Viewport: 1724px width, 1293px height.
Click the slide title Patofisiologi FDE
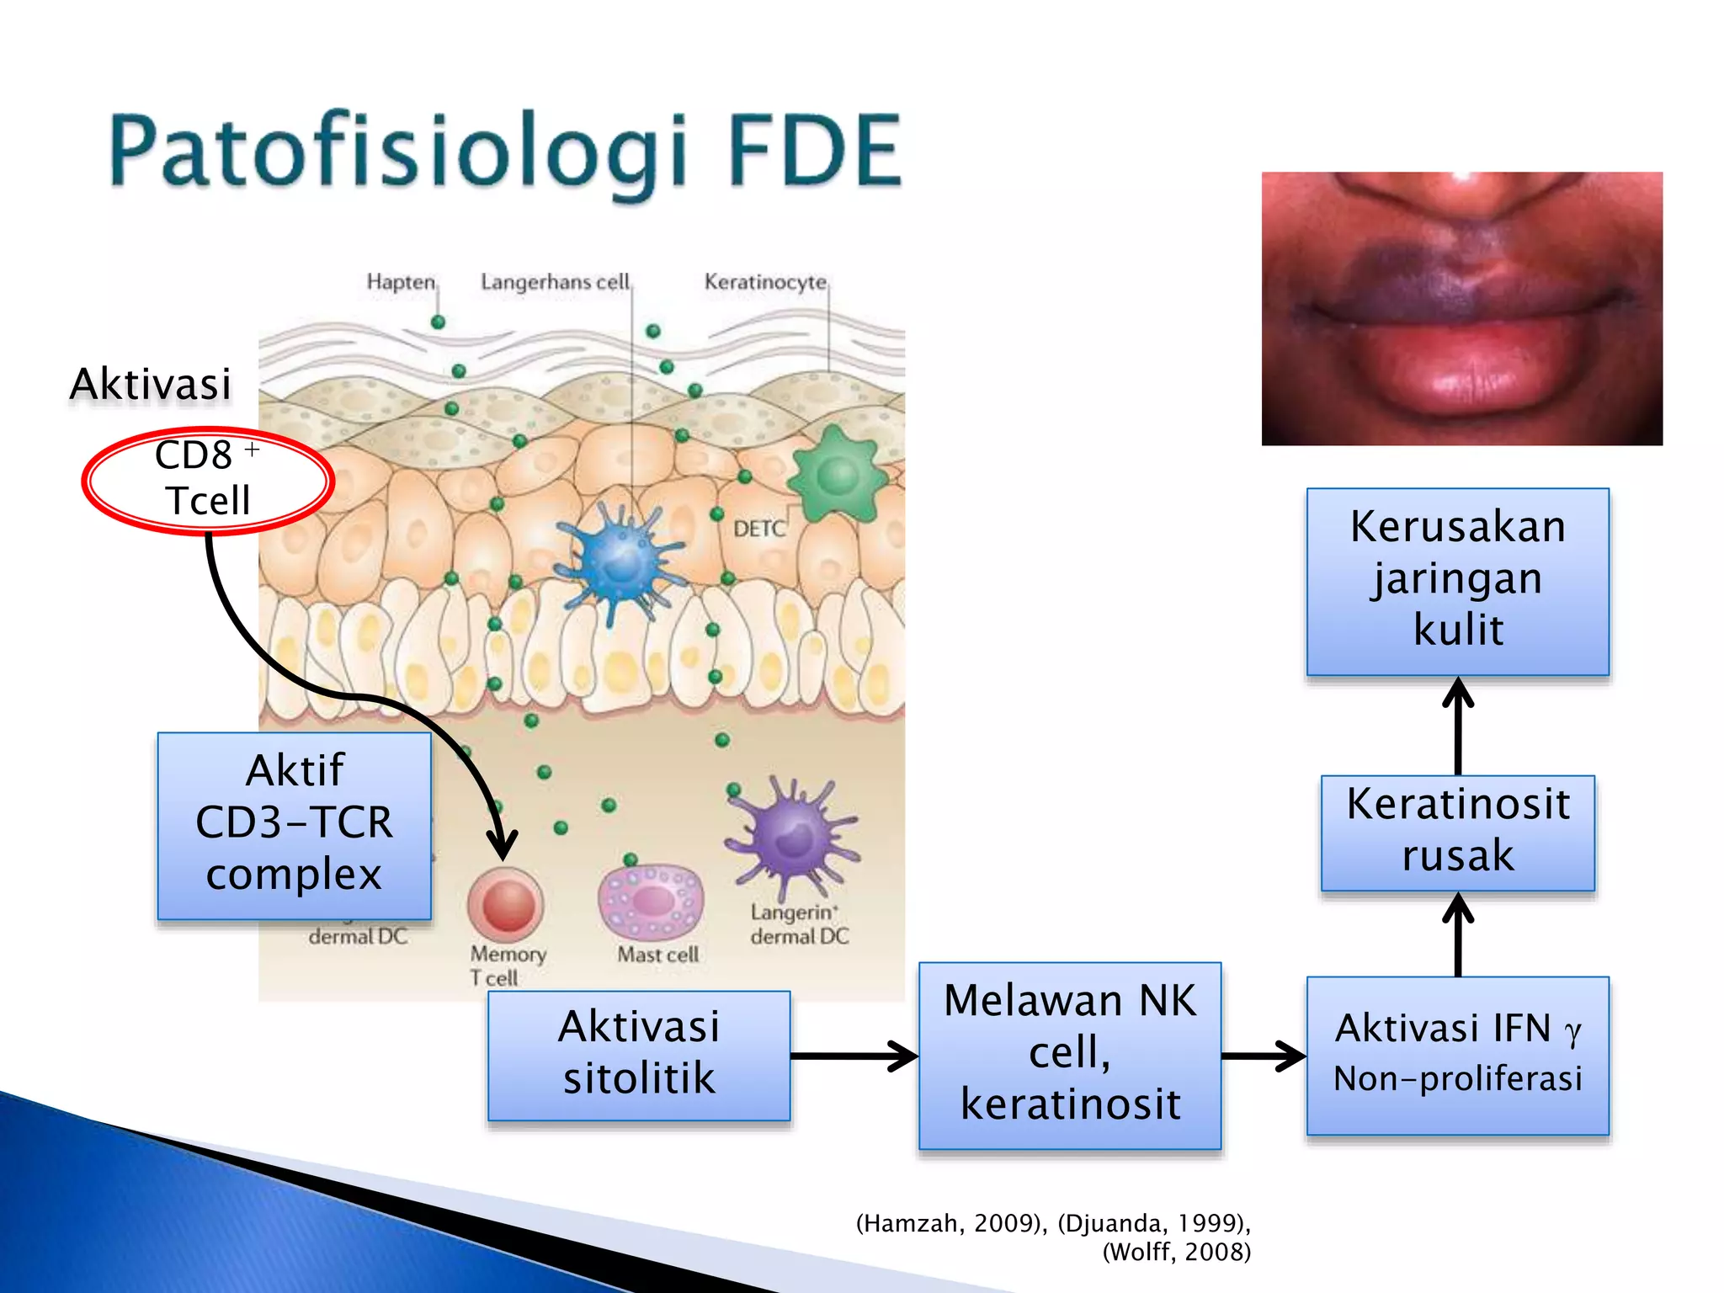tap(505, 152)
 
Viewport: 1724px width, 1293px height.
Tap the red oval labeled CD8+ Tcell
tap(207, 480)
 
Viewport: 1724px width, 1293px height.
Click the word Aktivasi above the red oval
tap(150, 384)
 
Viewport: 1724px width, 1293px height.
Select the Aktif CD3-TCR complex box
tap(294, 825)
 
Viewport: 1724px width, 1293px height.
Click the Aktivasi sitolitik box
tap(639, 1055)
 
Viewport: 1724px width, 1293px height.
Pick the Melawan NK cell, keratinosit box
tap(1069, 1055)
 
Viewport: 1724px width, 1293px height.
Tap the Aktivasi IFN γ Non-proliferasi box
tap(1457, 1055)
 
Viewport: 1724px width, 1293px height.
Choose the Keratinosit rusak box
tap(1457, 832)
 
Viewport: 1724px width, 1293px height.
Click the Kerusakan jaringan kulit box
tap(1457, 581)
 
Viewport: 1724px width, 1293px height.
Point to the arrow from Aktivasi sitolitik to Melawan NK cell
tap(854, 1055)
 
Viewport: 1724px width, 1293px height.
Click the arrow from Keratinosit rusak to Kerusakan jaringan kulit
tap(1457, 726)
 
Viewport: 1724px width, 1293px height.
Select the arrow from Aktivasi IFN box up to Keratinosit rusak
tap(1457, 934)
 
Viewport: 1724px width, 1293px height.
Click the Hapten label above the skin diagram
tap(401, 281)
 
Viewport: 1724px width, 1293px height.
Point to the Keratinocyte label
tap(764, 281)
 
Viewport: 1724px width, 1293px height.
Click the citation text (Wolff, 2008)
tap(1176, 1252)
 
